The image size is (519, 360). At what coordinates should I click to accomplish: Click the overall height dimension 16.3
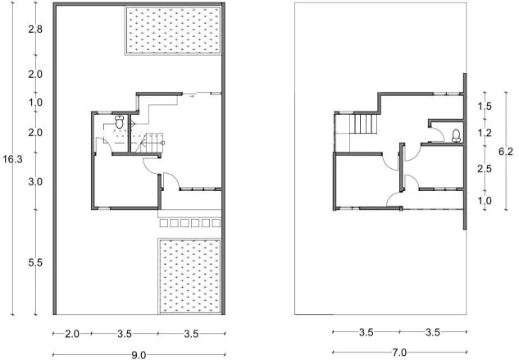(x=12, y=159)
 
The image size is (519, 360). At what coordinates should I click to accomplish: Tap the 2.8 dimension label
(x=35, y=30)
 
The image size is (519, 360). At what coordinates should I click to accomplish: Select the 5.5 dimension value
(x=35, y=263)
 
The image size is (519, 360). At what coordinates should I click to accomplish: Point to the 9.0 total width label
(x=139, y=355)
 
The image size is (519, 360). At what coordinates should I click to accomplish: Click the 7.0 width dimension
(x=399, y=353)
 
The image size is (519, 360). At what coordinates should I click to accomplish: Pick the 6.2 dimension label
(x=506, y=152)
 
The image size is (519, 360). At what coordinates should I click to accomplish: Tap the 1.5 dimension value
(x=485, y=107)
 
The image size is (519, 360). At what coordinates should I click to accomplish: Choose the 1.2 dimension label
(x=485, y=133)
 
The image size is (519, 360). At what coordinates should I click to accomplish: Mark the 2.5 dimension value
(x=485, y=169)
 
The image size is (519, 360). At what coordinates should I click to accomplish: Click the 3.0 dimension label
(x=35, y=181)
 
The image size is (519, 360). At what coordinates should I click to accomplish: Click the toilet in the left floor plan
(x=119, y=121)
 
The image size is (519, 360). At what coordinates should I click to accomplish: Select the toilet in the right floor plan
(x=457, y=135)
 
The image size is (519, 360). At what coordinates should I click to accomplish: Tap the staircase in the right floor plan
(x=366, y=124)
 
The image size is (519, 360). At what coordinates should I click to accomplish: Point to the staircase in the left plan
(x=150, y=143)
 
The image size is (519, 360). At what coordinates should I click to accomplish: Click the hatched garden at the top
(x=173, y=30)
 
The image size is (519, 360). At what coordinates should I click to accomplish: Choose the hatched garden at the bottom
(x=189, y=276)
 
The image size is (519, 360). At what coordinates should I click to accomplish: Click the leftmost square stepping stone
(x=163, y=223)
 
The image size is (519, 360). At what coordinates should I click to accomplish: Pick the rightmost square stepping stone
(x=216, y=223)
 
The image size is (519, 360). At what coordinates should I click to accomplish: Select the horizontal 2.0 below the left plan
(x=71, y=334)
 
